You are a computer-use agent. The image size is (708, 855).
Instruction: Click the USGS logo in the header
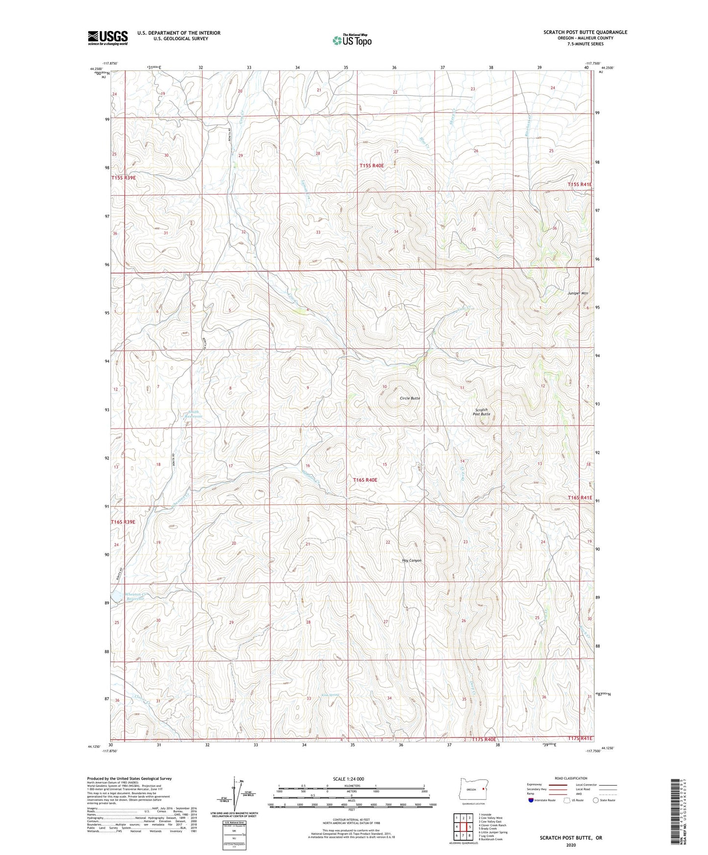[108, 38]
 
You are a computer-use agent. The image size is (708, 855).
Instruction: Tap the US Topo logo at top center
[351, 40]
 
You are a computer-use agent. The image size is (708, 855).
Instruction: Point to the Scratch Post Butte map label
[481, 412]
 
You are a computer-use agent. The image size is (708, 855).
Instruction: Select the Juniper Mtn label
[577, 293]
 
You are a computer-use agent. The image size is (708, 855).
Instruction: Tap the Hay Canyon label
[412, 560]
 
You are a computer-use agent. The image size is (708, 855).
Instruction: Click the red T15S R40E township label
[371, 166]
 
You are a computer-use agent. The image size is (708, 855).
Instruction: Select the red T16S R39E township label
[123, 522]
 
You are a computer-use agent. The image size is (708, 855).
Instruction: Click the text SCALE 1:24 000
[348, 779]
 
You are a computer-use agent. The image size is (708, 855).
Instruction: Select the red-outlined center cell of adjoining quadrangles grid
[463, 827]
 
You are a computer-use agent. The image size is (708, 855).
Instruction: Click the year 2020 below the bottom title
[571, 845]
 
